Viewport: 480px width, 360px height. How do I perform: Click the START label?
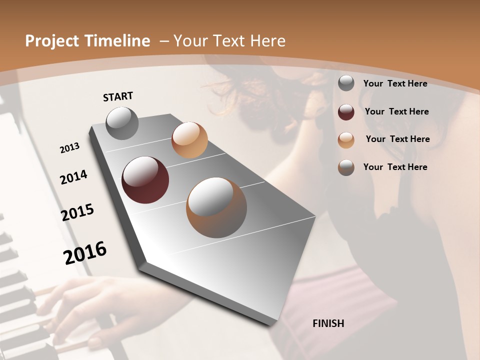pos(118,96)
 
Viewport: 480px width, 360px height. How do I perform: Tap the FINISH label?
pos(328,323)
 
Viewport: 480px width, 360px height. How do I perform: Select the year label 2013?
pos(70,148)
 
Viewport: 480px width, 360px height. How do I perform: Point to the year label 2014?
pos(74,177)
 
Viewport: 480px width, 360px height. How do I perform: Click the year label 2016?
pos(85,252)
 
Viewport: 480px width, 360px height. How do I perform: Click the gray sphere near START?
pos(122,123)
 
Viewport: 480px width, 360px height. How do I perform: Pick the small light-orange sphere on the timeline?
pos(189,140)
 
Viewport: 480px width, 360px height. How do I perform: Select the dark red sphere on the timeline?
pos(145,180)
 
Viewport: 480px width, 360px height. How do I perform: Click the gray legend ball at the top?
pos(346,83)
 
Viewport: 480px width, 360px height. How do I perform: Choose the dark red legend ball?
pos(346,112)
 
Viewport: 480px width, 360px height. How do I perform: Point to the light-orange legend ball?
pos(346,140)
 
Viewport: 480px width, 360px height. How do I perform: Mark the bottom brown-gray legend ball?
pos(346,167)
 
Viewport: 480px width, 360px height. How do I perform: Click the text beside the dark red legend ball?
pos(396,111)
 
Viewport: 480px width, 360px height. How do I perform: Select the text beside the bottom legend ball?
pos(395,167)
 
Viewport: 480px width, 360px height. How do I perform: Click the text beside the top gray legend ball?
pos(395,83)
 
